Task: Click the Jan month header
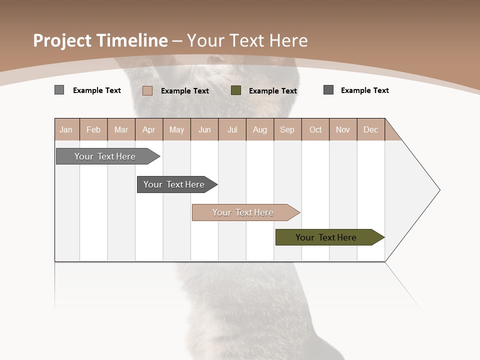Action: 66,129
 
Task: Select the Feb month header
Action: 93,129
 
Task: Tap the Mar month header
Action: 121,129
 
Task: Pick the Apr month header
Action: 149,129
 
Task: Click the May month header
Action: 176,129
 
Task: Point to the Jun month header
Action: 204,129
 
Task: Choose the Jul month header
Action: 232,129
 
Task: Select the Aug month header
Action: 260,129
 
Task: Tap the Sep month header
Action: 287,129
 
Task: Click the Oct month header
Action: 315,129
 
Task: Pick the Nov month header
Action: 343,129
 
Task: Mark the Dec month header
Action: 371,129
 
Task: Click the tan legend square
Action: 147,90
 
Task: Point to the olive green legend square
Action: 236,90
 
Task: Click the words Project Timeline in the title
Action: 100,40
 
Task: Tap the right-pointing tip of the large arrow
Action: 438,190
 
